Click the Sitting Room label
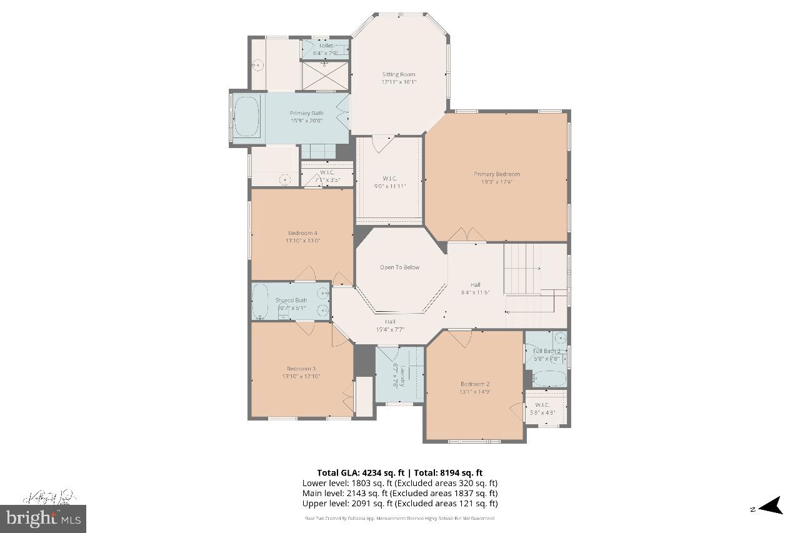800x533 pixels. point(399,74)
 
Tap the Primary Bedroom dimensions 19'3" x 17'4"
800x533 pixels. point(497,182)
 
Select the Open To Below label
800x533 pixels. point(399,267)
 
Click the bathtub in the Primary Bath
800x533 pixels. point(246,117)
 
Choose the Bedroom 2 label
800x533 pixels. point(475,384)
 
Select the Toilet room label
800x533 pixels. point(326,46)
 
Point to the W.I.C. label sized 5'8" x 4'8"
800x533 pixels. point(542,404)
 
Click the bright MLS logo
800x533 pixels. point(43,518)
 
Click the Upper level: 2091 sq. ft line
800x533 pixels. point(399,503)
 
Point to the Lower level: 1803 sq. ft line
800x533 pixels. point(399,483)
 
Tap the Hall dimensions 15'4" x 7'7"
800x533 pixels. point(390,329)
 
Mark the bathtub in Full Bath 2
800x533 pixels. point(549,378)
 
